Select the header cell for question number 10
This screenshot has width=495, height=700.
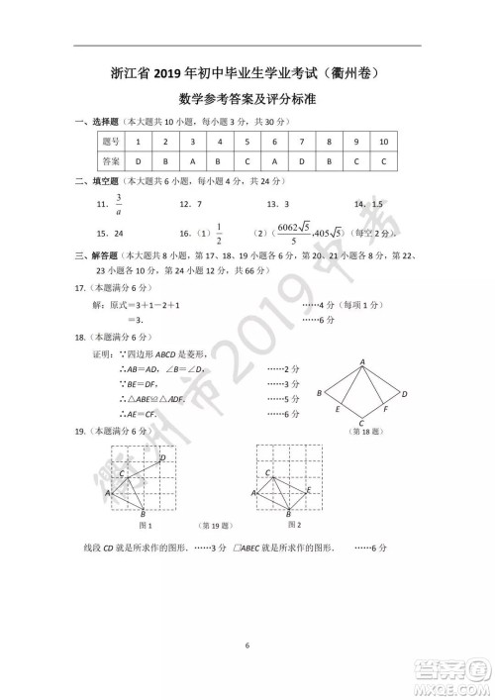[x=383, y=143]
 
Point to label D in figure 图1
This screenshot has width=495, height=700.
[x=162, y=457]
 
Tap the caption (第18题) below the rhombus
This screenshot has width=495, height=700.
[x=362, y=433]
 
